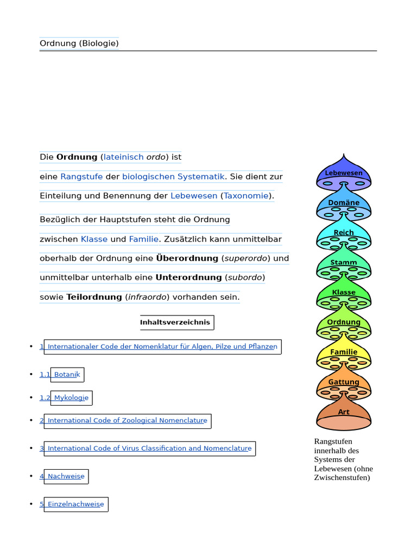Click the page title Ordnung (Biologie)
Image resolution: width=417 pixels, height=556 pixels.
coord(79,43)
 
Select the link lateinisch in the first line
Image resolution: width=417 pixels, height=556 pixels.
coord(124,157)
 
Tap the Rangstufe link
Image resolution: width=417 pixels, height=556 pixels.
coord(81,176)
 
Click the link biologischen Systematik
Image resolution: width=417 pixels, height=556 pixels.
coord(173,176)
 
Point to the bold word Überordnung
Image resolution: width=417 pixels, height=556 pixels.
coord(187,258)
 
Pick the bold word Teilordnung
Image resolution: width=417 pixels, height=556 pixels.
coord(94,297)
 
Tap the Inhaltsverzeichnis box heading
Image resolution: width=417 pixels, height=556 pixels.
coord(175,323)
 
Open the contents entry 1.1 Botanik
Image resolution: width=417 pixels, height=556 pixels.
coord(66,375)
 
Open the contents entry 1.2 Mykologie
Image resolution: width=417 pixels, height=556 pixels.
coord(71,398)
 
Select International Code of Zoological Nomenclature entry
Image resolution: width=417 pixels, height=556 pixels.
coord(127,421)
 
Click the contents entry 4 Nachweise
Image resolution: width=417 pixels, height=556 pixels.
coord(66,477)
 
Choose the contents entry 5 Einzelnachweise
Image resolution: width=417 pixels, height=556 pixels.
coord(75,504)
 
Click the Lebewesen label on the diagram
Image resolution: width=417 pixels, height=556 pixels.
coord(344,173)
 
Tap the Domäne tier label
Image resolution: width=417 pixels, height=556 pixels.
coord(344,203)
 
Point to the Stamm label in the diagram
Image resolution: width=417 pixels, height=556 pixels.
coord(344,262)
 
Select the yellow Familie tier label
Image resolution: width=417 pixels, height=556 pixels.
coord(344,352)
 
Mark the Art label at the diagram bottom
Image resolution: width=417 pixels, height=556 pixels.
coord(344,412)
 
